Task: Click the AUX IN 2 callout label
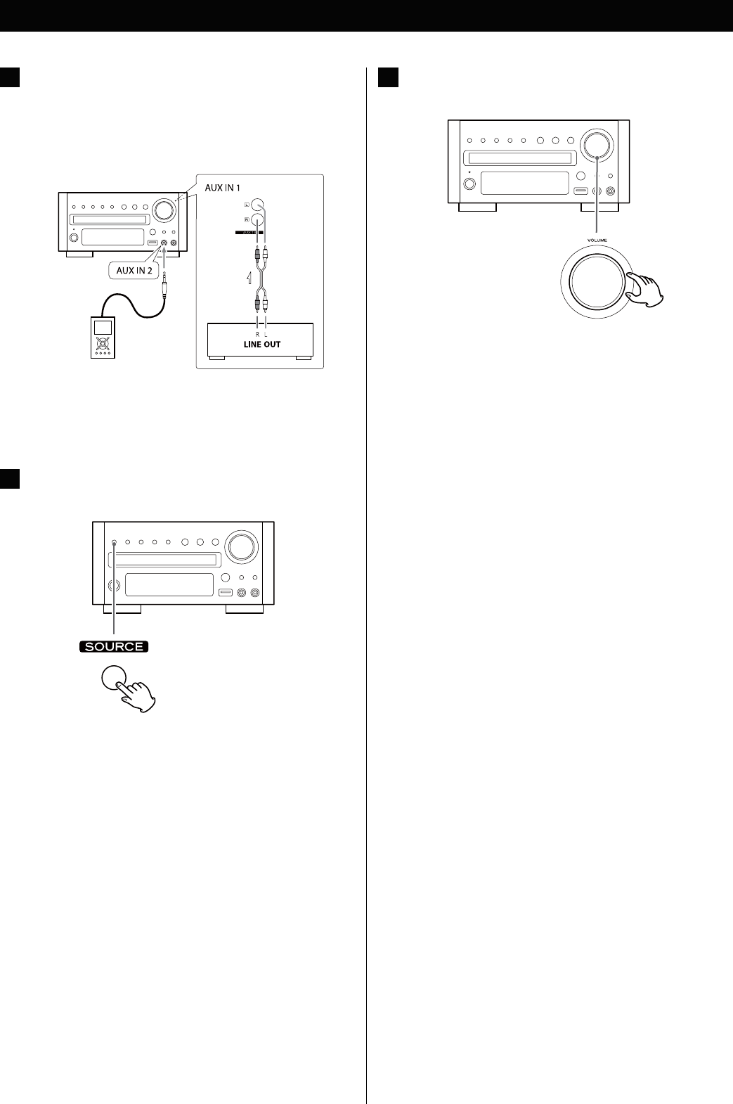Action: click(134, 270)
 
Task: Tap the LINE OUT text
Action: click(261, 345)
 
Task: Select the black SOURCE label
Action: click(114, 647)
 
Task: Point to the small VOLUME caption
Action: click(597, 240)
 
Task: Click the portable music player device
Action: click(103, 338)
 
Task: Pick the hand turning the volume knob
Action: click(645, 289)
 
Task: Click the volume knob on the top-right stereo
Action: click(597, 144)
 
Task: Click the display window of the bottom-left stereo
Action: click(169, 584)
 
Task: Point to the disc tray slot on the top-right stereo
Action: click(521, 159)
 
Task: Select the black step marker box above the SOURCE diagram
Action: click(10, 479)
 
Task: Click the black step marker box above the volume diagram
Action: click(388, 77)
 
